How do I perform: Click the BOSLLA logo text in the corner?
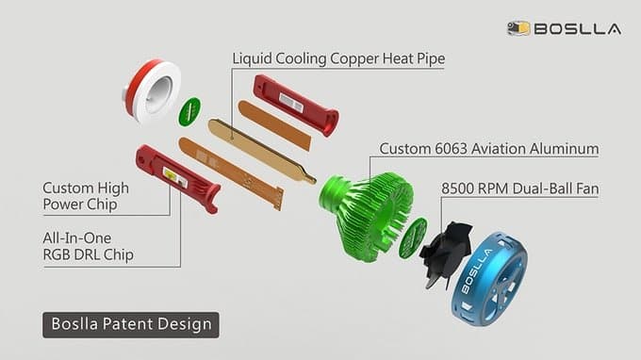tap(577, 29)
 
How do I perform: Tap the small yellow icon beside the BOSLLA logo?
tap(518, 28)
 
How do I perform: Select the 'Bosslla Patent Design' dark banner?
tap(131, 325)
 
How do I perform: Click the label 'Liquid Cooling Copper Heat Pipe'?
tap(338, 58)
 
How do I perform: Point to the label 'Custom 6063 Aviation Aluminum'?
tap(489, 149)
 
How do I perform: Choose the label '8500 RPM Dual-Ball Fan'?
tap(520, 188)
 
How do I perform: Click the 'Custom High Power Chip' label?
tap(86, 196)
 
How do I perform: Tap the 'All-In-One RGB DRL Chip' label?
tap(88, 246)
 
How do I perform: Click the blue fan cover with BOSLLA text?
tap(488, 280)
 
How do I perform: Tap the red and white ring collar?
tap(152, 91)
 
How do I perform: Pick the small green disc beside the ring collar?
tap(189, 111)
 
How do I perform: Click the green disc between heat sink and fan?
tap(413, 238)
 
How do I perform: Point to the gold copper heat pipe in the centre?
tap(262, 151)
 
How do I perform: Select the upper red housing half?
tap(296, 105)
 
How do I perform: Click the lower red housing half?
tap(178, 178)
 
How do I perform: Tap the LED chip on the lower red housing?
tap(175, 177)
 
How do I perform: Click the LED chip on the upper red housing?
tap(290, 103)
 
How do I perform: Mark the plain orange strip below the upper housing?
tap(274, 125)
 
